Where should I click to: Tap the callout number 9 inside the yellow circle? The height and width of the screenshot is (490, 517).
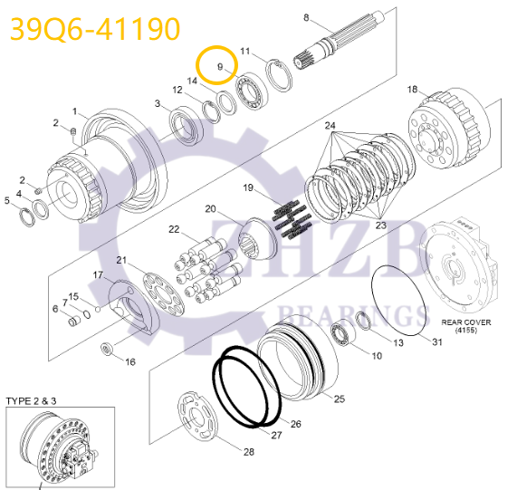[x=219, y=67]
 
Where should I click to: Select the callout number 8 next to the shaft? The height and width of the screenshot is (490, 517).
[x=306, y=18]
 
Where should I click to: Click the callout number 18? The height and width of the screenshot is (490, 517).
[x=412, y=89]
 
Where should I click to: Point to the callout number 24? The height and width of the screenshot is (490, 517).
[x=330, y=125]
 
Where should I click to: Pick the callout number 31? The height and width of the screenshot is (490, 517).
[x=437, y=341]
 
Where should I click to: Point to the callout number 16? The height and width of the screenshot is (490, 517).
[x=130, y=361]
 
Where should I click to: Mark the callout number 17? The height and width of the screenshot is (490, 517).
[x=99, y=274]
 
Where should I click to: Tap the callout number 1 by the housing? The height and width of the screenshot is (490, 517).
[x=77, y=114]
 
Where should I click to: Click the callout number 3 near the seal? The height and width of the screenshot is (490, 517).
[x=158, y=104]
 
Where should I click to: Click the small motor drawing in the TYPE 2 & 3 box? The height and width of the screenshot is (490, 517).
[x=60, y=447]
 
